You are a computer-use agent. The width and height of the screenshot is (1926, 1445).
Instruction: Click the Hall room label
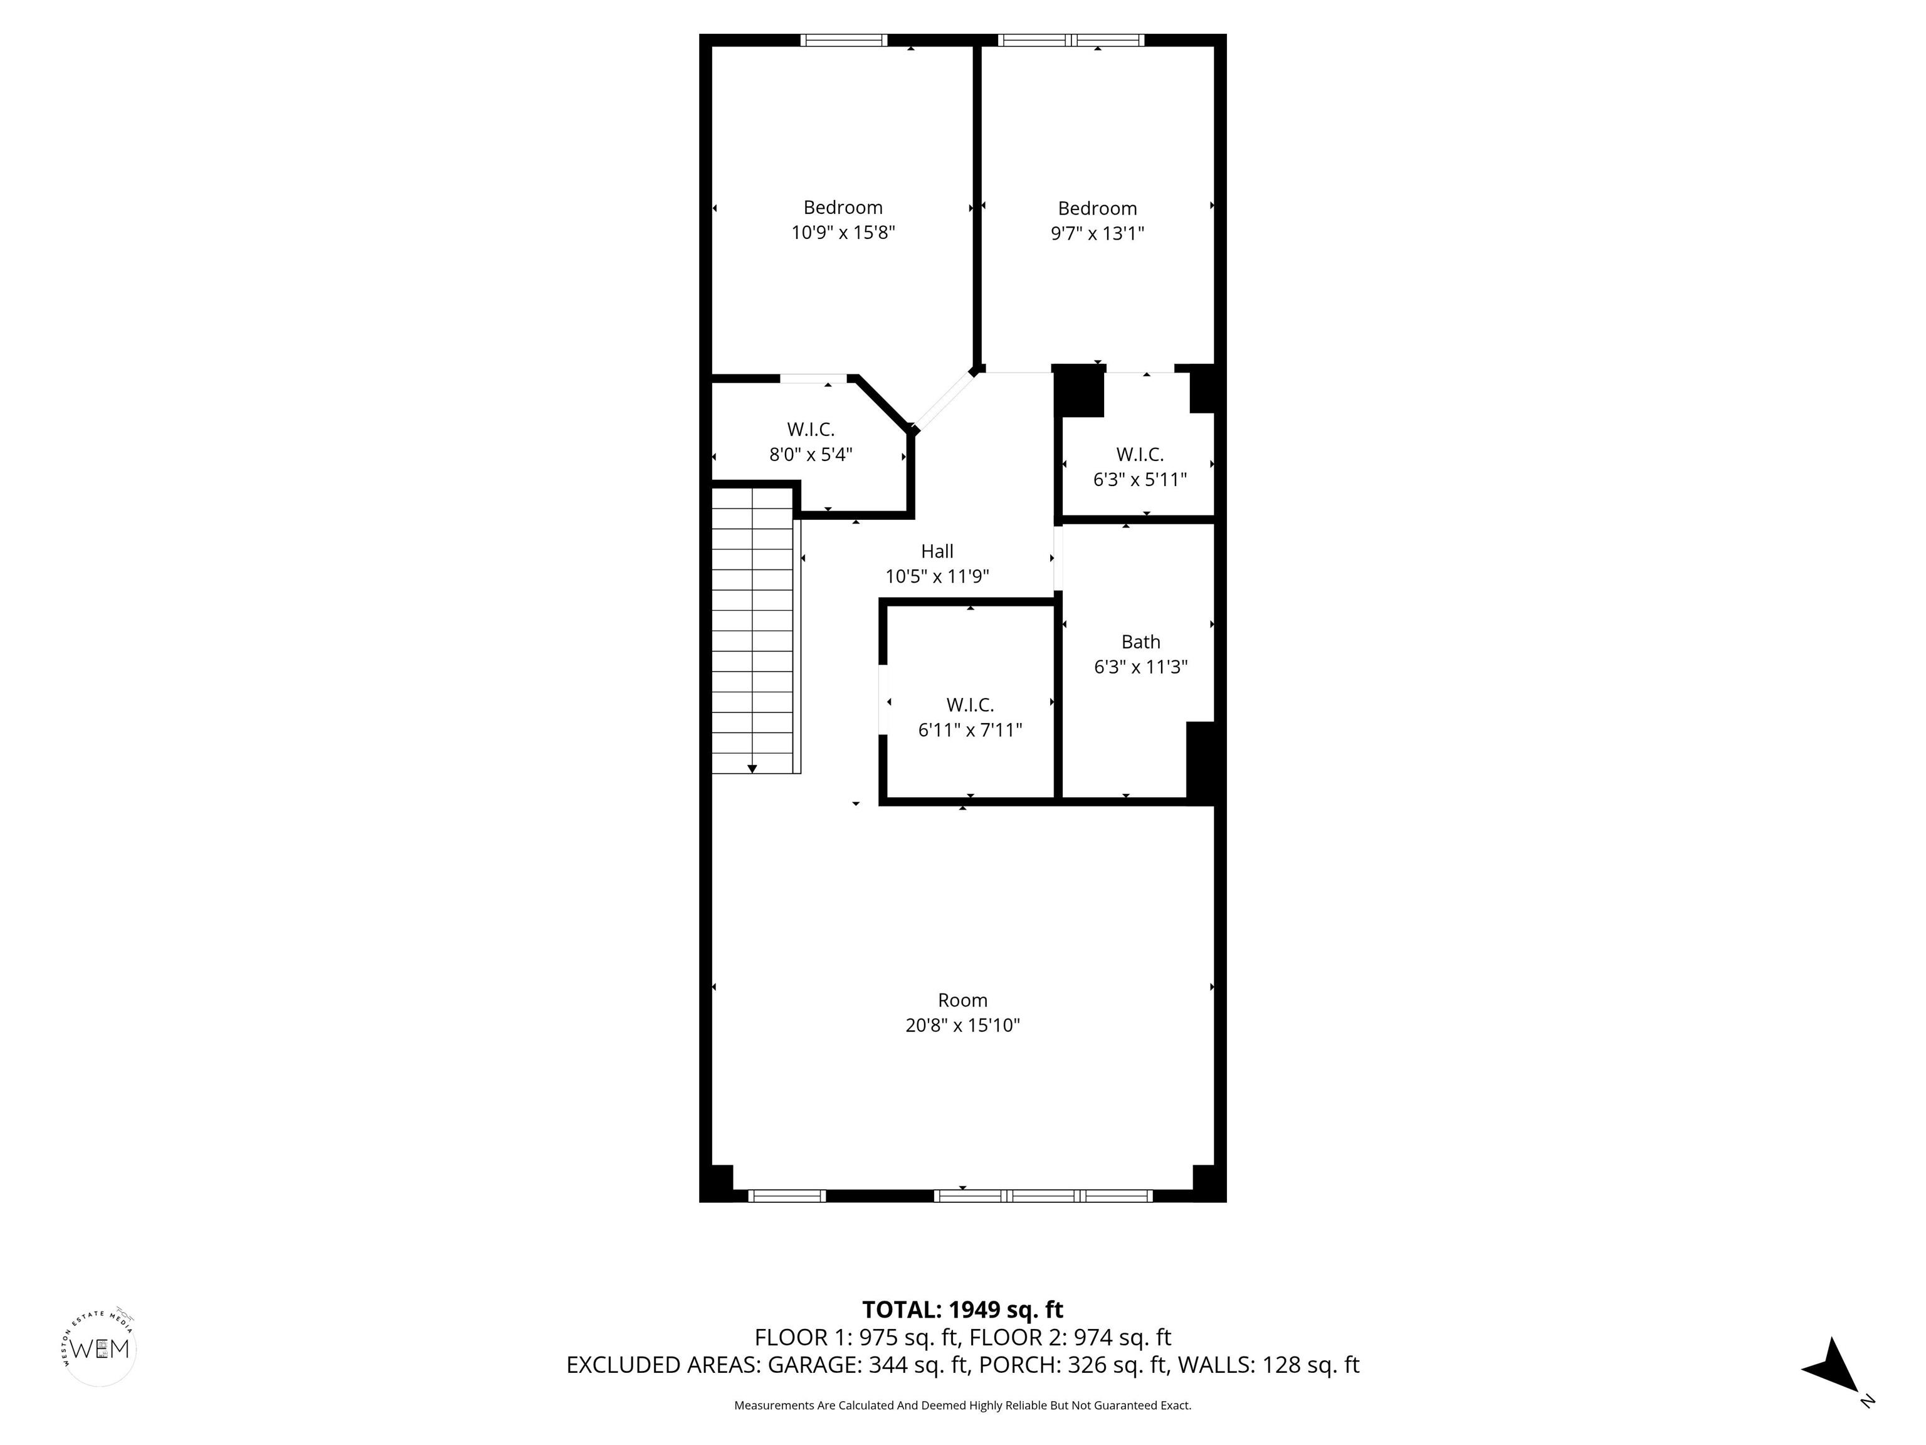coord(937,551)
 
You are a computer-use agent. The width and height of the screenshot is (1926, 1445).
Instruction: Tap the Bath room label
coord(1140,642)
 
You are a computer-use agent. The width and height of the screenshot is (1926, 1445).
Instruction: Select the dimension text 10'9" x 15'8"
coord(843,233)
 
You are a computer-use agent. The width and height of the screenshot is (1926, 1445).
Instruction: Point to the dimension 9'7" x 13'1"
coord(1097,233)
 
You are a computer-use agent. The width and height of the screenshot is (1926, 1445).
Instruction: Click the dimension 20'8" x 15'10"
coord(962,1025)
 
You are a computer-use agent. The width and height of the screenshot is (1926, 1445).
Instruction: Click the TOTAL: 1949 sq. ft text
coord(962,1310)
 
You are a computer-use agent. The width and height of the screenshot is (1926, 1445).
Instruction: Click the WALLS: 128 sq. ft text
coord(1268,1365)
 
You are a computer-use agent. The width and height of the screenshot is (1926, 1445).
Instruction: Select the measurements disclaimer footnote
coord(962,1405)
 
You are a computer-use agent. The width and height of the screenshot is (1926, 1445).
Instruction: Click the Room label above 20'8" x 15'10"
coord(962,1000)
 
